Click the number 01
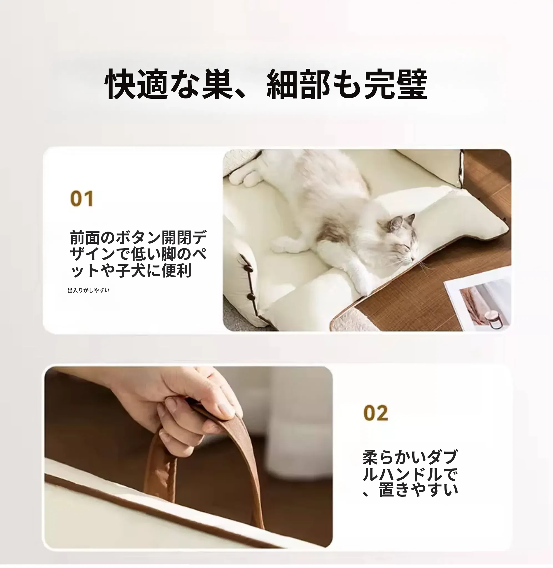pos(82,199)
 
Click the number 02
pos(375,413)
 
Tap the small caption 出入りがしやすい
pos(89,290)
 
